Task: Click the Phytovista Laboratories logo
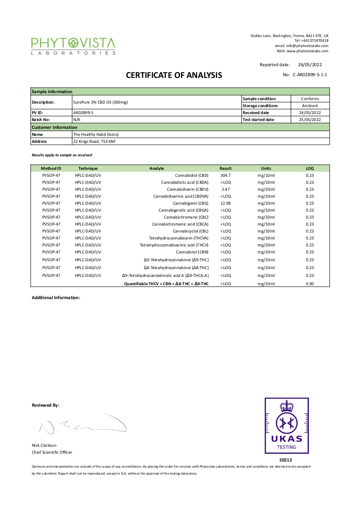pos(73,46)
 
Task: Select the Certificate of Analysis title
pos(174,75)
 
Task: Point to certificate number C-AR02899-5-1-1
pos(310,75)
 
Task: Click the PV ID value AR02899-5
pos(83,113)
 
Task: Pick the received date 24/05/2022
pos(310,113)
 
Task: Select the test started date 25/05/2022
pos(310,120)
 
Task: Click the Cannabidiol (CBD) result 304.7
pos(225,175)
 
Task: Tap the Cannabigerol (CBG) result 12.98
pos(226,203)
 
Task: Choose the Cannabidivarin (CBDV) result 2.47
pos(225,189)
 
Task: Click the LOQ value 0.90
pos(309,284)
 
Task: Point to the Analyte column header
pos(156,169)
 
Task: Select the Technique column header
pos(88,169)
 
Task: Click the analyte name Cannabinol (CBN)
pos(192,252)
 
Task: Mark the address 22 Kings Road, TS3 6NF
pos(95,142)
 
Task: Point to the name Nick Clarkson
pos(44,445)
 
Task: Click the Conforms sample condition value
pos(310,99)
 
